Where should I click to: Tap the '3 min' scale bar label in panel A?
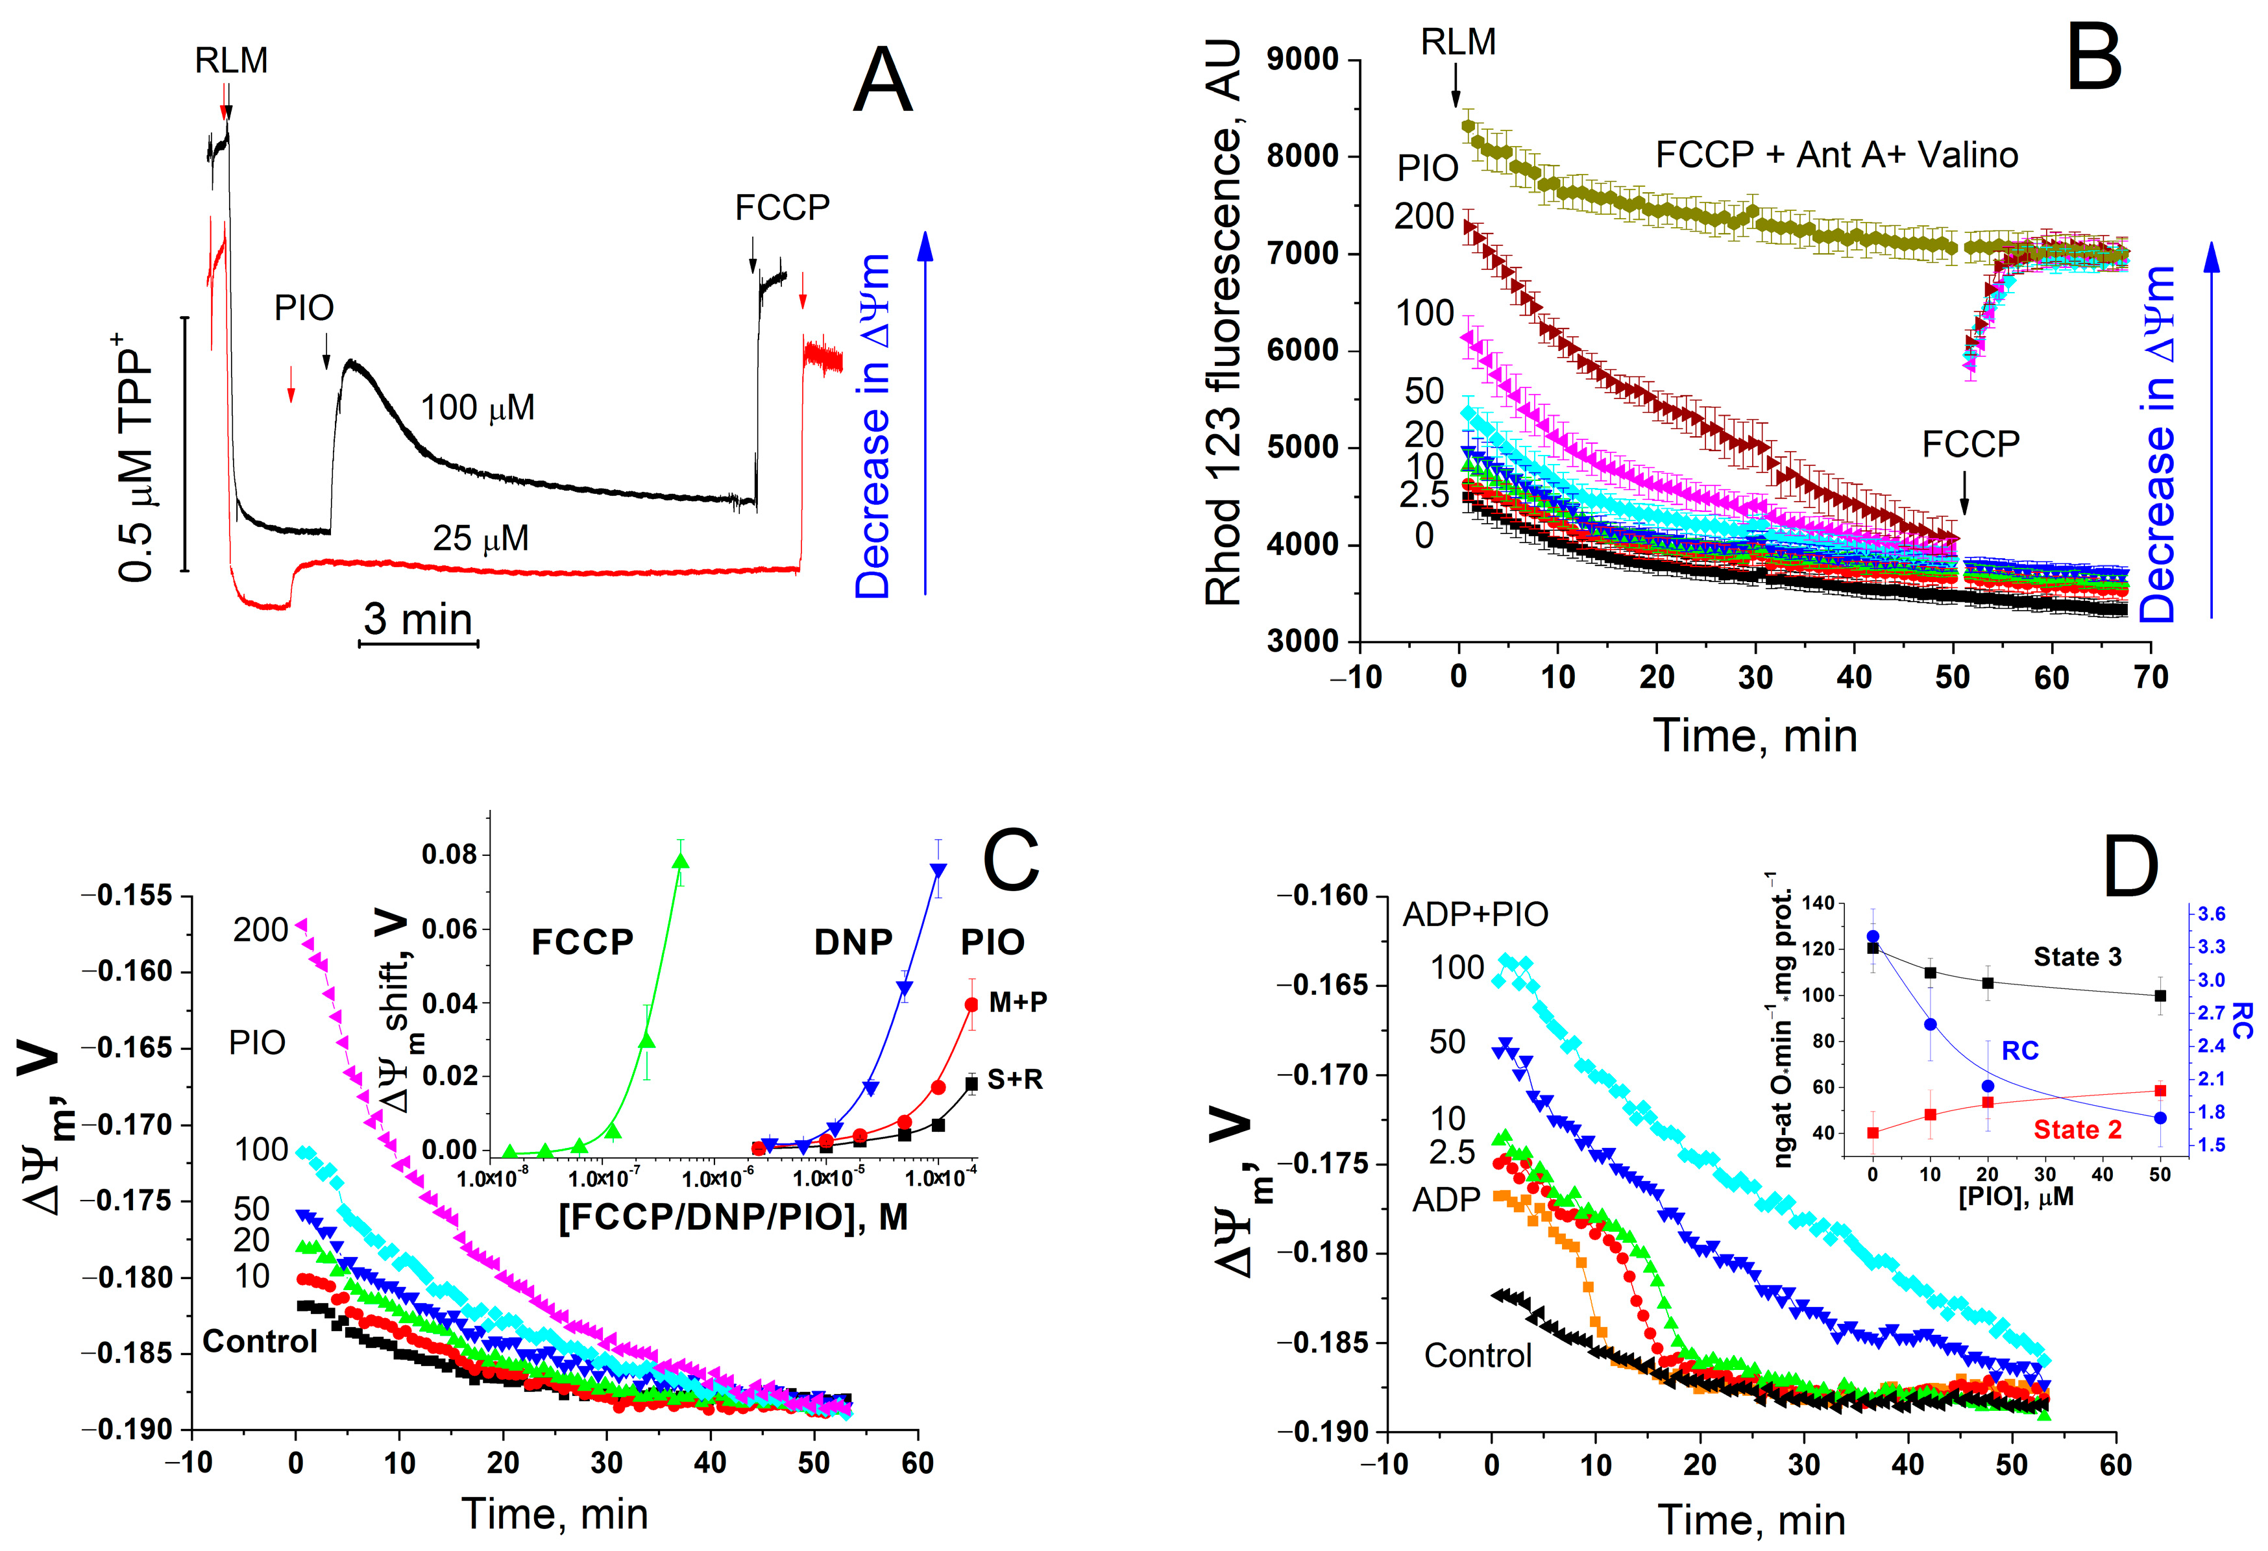[x=418, y=620]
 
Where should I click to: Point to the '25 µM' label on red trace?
[x=480, y=538]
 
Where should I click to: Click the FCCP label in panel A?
[x=782, y=208]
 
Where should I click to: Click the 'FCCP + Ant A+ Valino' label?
[x=1836, y=155]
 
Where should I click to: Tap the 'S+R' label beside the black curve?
[x=1015, y=1080]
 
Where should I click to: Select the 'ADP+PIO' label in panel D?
[x=1474, y=914]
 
